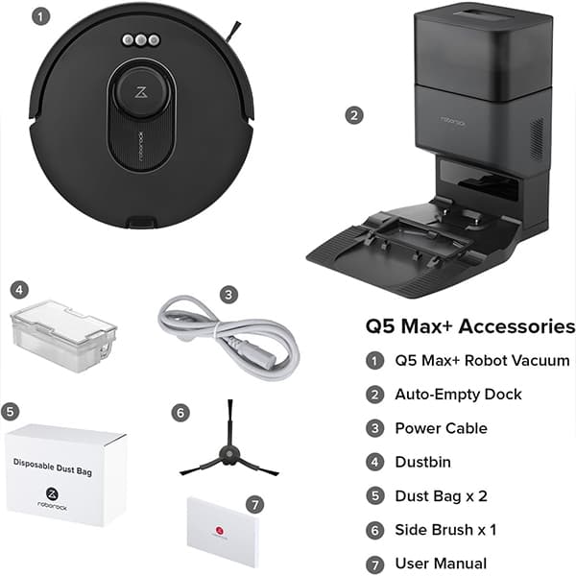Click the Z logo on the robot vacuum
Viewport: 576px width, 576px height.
point(141,92)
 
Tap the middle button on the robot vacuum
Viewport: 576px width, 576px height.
point(141,39)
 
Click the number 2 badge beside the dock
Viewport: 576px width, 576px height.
point(354,115)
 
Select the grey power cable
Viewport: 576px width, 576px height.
point(228,339)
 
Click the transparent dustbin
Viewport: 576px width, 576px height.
point(63,336)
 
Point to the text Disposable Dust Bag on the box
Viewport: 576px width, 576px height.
point(53,467)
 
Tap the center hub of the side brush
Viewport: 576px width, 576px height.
point(229,454)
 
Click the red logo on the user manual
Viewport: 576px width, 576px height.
point(219,530)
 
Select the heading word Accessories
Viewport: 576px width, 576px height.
point(516,326)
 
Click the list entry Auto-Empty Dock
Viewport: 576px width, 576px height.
point(458,395)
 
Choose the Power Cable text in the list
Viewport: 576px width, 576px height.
point(442,428)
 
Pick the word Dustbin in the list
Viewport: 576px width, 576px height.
point(422,462)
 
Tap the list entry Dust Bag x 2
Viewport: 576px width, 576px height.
point(442,496)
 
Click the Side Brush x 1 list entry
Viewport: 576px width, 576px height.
point(445,530)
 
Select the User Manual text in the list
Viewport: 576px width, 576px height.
point(441,564)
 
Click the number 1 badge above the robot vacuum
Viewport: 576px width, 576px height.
point(40,16)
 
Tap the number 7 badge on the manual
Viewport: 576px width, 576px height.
point(255,504)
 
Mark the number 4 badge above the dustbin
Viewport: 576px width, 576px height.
point(19,290)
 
